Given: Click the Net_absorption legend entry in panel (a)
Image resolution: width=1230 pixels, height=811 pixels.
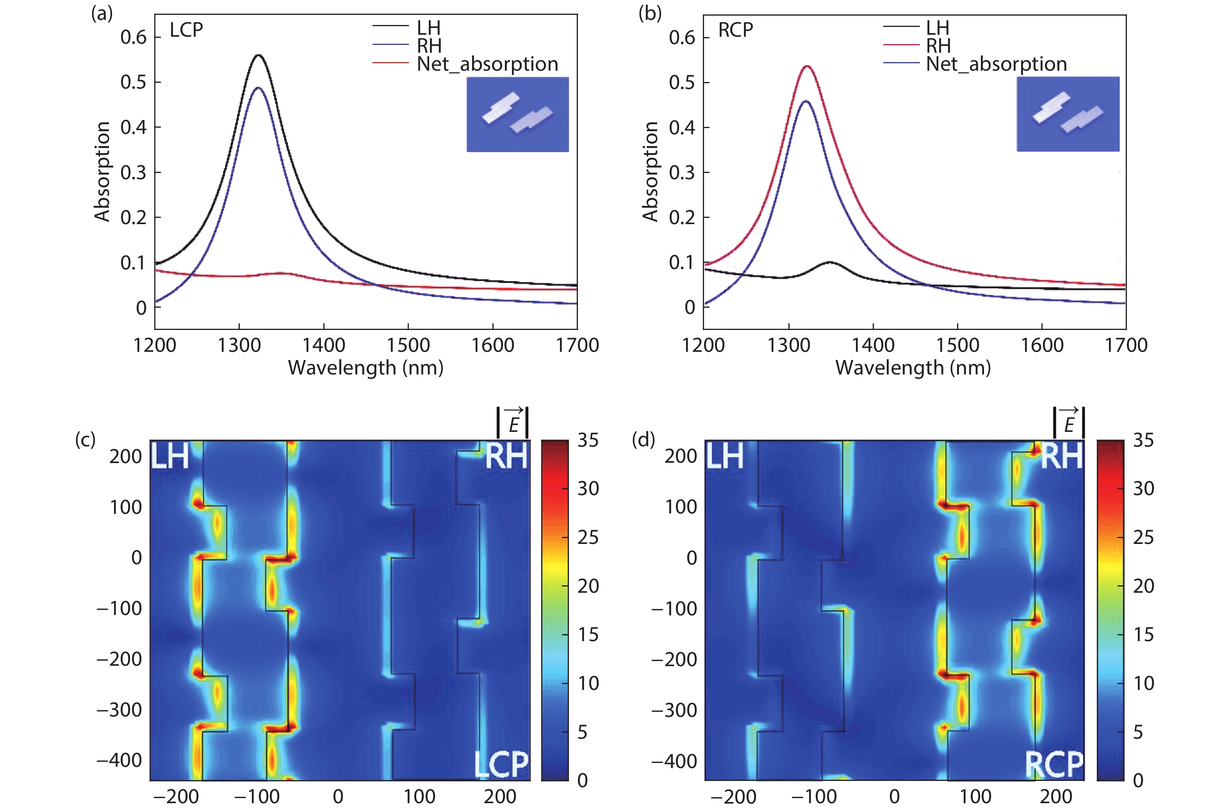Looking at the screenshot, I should [x=487, y=64].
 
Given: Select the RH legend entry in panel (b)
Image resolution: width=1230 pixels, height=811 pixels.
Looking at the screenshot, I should [x=938, y=46].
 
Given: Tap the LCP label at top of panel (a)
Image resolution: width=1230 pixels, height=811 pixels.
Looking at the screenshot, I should [x=186, y=30].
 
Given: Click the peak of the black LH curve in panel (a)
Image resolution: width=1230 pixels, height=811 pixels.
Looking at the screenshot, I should [x=258, y=55].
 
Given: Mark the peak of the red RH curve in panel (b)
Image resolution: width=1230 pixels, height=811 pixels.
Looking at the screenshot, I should [x=806, y=66].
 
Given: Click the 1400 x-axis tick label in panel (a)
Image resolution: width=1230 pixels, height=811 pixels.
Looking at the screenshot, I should [x=324, y=345].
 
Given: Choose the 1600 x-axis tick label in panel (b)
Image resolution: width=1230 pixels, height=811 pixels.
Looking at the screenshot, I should [x=1041, y=345].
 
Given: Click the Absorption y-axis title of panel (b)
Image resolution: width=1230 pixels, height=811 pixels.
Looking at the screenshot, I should [x=650, y=172].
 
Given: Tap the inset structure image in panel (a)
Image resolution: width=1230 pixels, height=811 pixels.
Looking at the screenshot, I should [x=517, y=114].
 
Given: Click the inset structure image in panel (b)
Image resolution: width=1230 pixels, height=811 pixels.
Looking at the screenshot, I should [x=1068, y=114].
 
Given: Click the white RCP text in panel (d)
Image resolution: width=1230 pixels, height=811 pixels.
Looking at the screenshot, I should [x=1054, y=765].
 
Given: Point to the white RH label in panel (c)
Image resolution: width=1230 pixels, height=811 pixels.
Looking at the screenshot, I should [x=506, y=456].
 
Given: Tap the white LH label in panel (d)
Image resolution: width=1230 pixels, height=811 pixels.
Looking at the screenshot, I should [x=725, y=456].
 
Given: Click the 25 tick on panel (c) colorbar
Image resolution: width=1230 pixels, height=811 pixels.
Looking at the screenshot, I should [x=588, y=537].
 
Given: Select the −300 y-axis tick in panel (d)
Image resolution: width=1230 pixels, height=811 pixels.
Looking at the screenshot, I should [x=674, y=710].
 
